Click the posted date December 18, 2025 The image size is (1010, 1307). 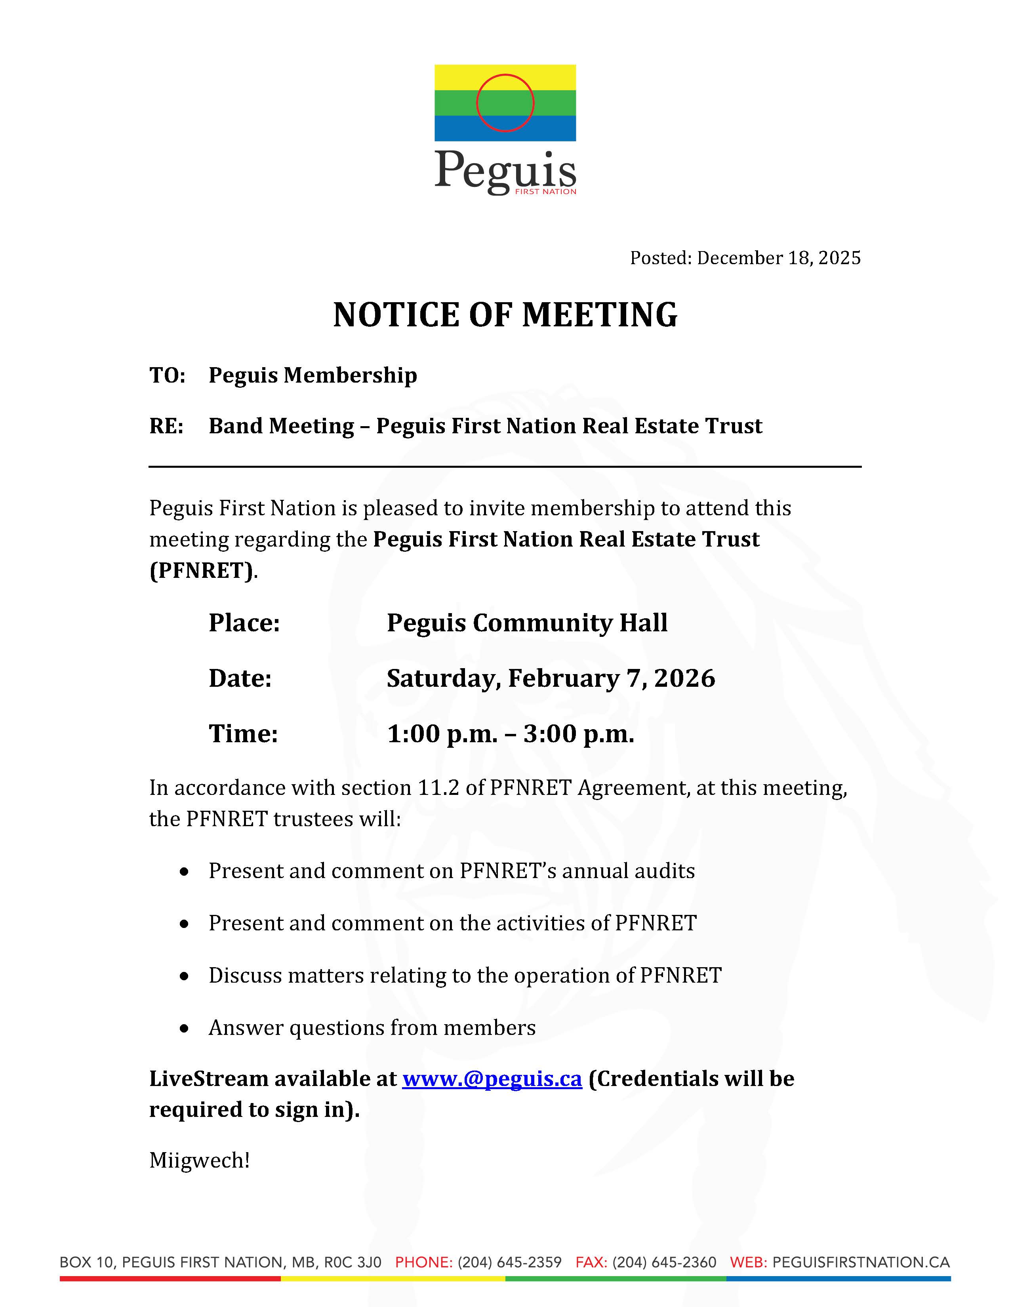(778, 258)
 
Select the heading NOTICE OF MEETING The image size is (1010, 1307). (505, 315)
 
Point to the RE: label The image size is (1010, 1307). (166, 426)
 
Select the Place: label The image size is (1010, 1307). (244, 623)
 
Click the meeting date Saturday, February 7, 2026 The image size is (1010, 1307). (551, 678)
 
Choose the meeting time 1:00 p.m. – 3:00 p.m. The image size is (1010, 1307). (511, 734)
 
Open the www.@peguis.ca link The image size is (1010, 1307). (492, 1079)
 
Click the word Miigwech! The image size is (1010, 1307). (199, 1160)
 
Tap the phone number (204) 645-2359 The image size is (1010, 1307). (509, 1263)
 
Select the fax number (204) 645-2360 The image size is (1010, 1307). (664, 1263)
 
